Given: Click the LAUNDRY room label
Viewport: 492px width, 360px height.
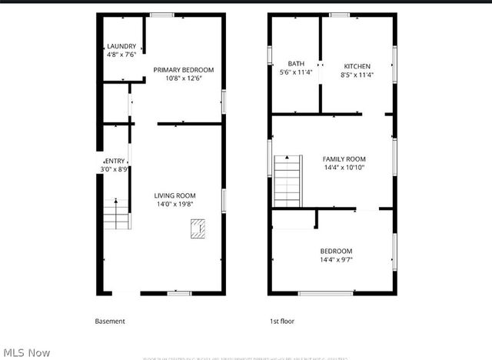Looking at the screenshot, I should click(121, 46).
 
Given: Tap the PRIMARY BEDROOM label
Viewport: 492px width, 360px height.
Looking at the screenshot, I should click(184, 70).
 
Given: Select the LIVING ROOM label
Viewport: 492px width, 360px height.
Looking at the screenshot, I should click(175, 195).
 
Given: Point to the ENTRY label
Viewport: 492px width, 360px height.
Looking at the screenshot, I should click(115, 161).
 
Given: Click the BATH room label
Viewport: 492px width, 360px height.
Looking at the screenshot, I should click(296, 64).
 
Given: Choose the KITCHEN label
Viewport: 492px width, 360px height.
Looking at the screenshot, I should click(357, 66).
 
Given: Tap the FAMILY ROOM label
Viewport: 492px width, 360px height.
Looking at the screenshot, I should click(344, 158).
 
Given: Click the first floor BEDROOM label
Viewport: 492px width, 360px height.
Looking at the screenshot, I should click(336, 252).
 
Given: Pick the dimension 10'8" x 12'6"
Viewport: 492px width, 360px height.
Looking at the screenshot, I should click(184, 78).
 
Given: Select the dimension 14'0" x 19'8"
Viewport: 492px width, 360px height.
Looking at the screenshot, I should click(175, 205).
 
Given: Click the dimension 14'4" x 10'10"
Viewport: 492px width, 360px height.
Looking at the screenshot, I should click(344, 168).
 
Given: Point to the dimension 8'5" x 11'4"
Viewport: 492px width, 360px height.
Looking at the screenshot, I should click(357, 75).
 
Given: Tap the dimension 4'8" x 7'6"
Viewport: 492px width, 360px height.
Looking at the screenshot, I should click(121, 55).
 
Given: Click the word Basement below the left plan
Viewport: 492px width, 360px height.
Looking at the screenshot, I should click(110, 321).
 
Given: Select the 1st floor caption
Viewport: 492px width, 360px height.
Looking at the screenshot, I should click(282, 321).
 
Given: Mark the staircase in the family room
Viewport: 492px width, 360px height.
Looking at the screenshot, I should click(286, 180).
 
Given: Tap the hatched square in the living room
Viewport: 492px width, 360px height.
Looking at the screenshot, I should click(198, 228).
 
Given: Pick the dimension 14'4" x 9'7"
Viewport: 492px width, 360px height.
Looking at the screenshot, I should click(336, 260).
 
